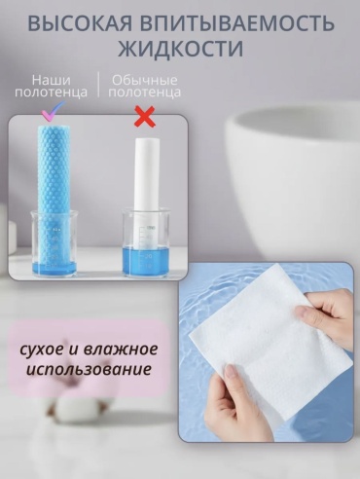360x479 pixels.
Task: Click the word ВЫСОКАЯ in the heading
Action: point(79,24)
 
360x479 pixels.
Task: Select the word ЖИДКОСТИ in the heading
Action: point(180,49)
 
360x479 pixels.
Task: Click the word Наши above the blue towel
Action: point(52,80)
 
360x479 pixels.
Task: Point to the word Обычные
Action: point(145,80)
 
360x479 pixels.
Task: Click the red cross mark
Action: point(145,118)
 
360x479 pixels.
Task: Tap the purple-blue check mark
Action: point(54,111)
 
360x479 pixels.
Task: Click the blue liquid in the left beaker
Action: point(54,269)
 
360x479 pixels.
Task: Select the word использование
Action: point(89,369)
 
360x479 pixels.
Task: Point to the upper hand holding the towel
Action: point(328,314)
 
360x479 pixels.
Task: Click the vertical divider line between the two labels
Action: point(98,85)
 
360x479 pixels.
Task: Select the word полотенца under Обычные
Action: point(145,92)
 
